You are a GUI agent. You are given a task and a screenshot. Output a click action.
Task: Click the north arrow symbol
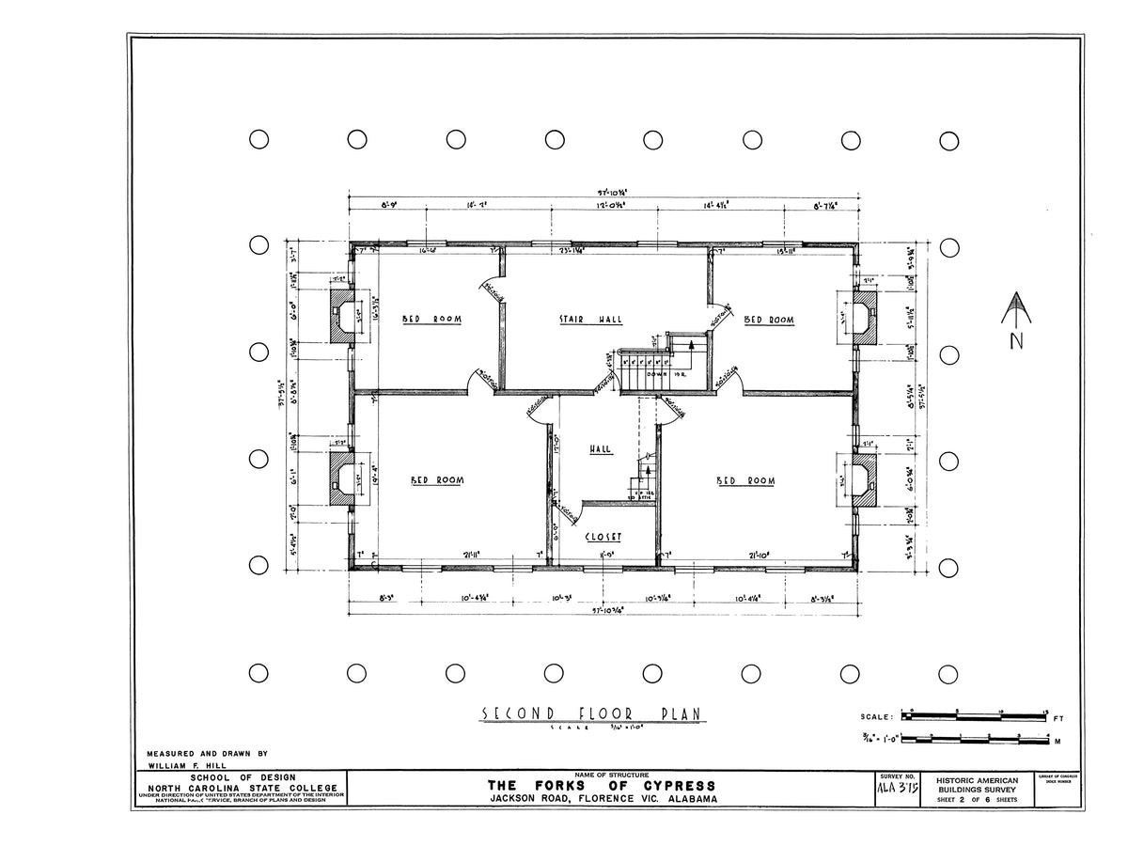pos(1015,310)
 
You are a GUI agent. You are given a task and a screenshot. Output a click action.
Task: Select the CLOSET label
pos(603,537)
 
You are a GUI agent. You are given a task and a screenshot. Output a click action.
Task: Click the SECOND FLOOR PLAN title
pos(592,714)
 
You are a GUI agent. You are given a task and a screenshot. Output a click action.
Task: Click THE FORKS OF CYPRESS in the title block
pos(601,786)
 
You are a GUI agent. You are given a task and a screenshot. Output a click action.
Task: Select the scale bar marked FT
pos(978,716)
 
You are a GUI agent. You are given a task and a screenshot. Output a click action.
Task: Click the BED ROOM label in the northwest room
pos(432,320)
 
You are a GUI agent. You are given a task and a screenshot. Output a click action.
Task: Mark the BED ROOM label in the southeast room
pos(746,481)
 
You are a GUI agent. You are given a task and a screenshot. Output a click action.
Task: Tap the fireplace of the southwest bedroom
pos(342,479)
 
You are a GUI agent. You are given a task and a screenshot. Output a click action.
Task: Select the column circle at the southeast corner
pos(949,673)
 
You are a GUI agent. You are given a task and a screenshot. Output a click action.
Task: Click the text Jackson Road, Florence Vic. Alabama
pos(601,799)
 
